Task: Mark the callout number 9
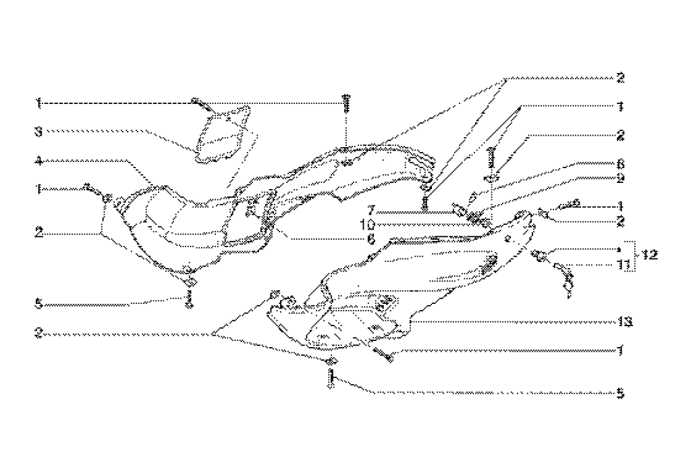point(620,178)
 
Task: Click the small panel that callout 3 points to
point(222,136)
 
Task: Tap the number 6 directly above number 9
point(620,163)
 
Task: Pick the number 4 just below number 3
point(40,161)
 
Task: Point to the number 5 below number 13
point(619,392)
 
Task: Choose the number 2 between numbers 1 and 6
point(620,136)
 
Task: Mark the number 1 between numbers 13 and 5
point(619,350)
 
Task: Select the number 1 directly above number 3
point(39,103)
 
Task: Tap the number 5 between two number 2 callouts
point(40,305)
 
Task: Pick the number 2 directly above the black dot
point(620,220)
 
